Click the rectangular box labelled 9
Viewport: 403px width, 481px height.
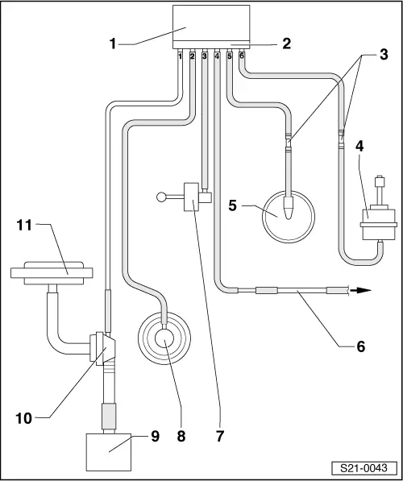pyautogui.click(x=108, y=452)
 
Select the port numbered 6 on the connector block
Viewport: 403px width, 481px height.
pyautogui.click(x=242, y=56)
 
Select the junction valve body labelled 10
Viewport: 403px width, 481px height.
pyautogui.click(x=105, y=348)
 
